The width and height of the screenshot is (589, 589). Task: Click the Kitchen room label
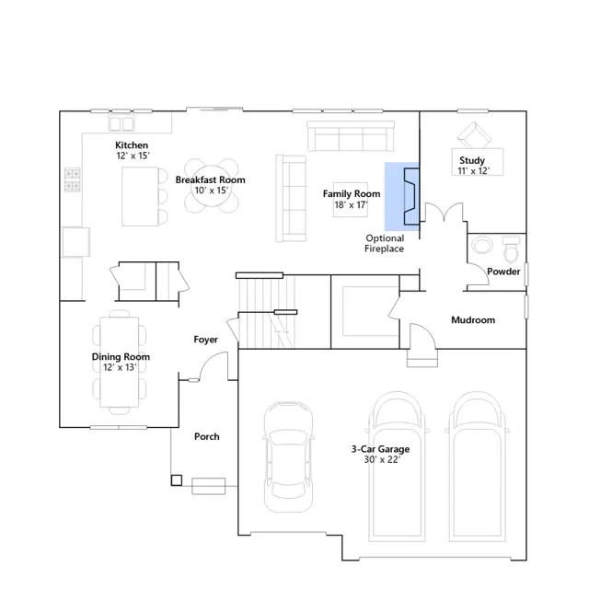point(132,145)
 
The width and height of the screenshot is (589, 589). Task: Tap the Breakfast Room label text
point(211,180)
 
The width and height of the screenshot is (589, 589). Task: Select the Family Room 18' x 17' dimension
point(352,204)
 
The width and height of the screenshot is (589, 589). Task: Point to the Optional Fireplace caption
point(385,243)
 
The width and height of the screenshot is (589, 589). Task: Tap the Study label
point(472,160)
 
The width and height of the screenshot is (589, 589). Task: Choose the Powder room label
point(503,271)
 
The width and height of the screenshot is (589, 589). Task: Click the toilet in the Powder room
point(512,248)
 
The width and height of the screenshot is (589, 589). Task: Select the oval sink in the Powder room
point(482,246)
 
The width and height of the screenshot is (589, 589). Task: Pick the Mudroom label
point(473,320)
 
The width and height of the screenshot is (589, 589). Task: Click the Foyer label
point(205,340)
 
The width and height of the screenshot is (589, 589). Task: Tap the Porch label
point(206,436)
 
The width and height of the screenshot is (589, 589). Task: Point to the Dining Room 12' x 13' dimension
point(121,367)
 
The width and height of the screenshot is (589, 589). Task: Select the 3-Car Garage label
point(380,449)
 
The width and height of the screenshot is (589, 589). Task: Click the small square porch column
point(177,480)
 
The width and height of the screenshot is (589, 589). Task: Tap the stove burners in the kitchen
point(73,179)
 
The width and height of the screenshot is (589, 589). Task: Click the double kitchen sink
point(121,123)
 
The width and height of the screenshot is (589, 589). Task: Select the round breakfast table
point(211,186)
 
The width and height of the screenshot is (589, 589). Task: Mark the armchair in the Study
point(474,135)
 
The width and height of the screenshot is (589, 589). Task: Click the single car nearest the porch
point(288,456)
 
